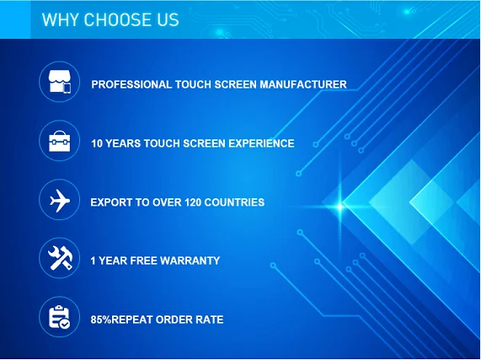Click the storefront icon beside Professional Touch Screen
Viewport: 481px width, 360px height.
60,82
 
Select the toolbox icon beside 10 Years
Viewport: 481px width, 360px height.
60,141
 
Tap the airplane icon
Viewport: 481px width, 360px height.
60,201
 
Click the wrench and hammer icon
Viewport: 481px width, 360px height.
60,258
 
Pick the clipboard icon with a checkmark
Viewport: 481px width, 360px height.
59,317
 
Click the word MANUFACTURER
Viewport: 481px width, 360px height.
303,84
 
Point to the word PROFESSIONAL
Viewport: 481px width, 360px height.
131,84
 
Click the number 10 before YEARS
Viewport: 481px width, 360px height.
97,143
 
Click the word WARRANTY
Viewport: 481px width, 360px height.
190,261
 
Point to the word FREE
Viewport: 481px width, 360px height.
143,261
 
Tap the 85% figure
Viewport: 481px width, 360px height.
101,320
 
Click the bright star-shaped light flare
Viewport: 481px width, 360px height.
339,207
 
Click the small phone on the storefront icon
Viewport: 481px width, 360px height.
67,88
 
